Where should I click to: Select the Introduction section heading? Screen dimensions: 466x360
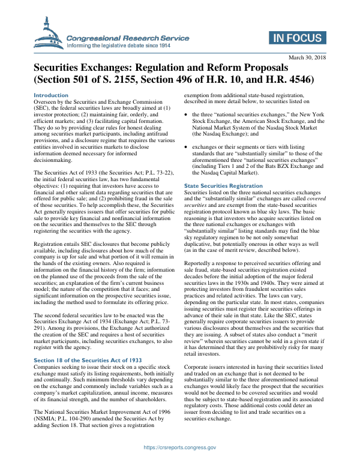tap(51, 95)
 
